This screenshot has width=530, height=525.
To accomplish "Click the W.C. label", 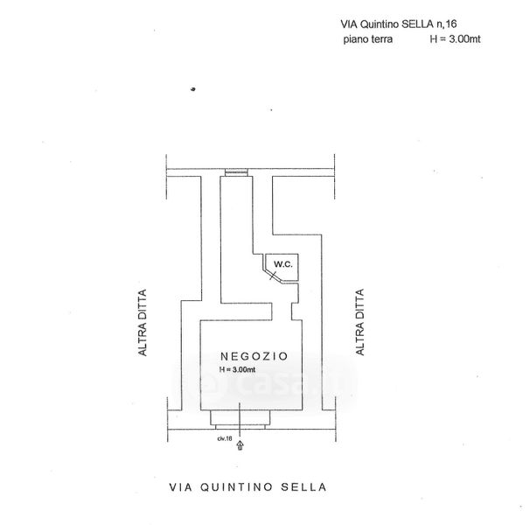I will [279, 264].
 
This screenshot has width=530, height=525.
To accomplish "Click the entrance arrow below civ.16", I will [241, 444].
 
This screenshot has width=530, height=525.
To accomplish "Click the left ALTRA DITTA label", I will [140, 323].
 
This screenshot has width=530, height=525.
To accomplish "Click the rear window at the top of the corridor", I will [236, 172].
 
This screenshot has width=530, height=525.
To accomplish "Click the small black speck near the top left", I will [192, 88].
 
